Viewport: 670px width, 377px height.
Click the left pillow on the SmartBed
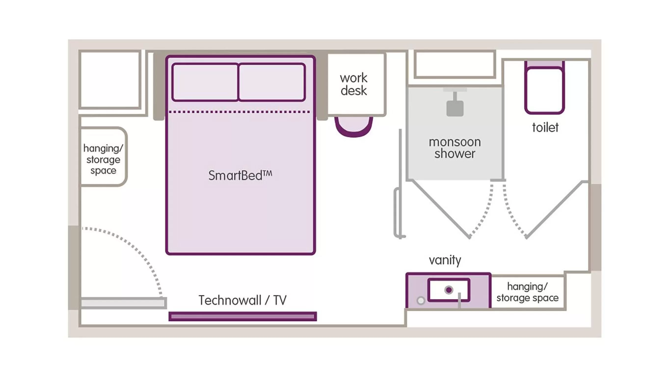[205, 82]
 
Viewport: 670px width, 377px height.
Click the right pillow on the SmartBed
[271, 82]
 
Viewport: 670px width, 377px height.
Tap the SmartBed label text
[240, 175]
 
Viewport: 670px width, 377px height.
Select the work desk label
[353, 84]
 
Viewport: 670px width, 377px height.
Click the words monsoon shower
[455, 148]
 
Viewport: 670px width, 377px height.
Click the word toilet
[545, 127]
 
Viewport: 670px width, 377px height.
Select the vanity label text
[445, 260]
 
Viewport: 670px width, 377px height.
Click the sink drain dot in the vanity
[449, 290]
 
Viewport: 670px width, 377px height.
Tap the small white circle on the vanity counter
[421, 300]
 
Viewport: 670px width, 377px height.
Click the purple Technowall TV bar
[242, 316]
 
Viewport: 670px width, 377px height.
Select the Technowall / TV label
[242, 300]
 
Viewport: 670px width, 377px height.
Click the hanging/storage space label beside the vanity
[527, 292]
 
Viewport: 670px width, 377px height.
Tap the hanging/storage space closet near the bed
[103, 159]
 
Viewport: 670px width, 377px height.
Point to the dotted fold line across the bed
[239, 112]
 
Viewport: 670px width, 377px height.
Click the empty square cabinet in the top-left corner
[110, 79]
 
